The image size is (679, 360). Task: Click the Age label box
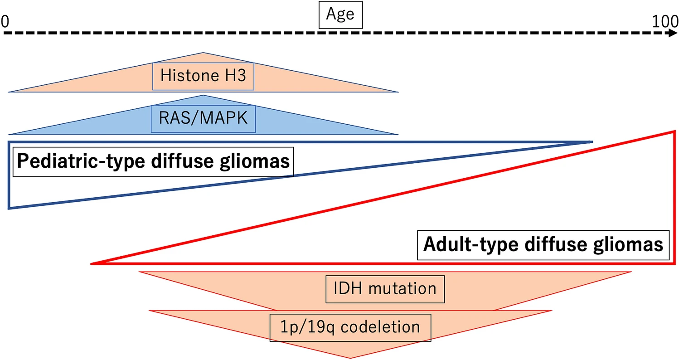[x=340, y=15]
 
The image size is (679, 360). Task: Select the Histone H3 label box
[x=203, y=76]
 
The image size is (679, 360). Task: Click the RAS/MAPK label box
[x=203, y=119]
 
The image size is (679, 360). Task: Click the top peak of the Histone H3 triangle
[x=203, y=53]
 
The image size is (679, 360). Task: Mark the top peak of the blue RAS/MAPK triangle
[x=203, y=96]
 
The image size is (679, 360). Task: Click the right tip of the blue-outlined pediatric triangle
[x=591, y=142]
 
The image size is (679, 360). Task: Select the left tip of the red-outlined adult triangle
[x=92, y=263]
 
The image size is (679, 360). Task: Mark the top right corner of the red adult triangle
[x=674, y=131]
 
